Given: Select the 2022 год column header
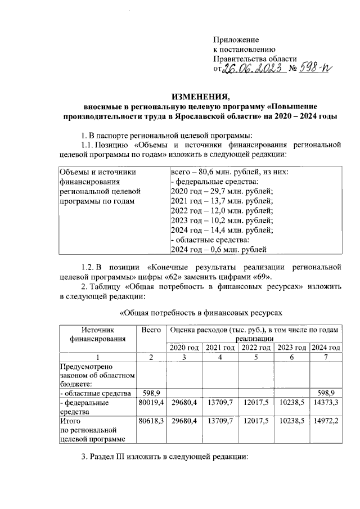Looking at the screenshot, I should pos(255,348).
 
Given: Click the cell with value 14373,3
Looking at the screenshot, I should pos(326,403).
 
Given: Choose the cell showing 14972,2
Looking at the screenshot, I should pos(326,420).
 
